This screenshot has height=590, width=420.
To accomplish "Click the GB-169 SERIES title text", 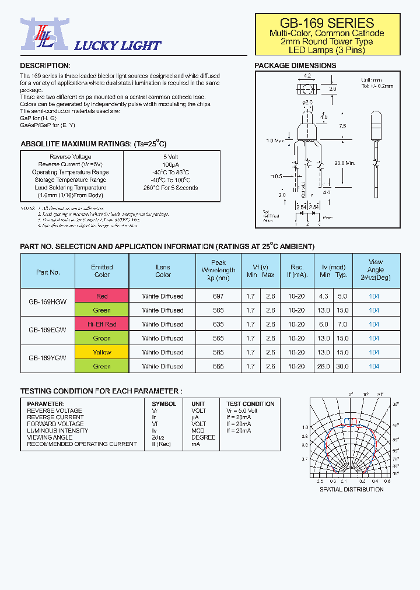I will pos(327,23).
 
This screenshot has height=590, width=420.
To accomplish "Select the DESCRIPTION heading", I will pos(45,66).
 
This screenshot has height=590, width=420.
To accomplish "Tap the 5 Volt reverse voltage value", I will pos(171,157).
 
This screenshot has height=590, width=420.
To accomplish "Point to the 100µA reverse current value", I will pos(171,164).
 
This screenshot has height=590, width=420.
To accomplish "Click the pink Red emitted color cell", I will pos(101,296).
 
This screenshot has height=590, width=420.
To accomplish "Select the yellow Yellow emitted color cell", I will pos(101,352).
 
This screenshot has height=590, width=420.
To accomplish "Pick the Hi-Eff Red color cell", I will pos(101,324).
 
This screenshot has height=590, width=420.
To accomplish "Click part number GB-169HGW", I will pos(48,303).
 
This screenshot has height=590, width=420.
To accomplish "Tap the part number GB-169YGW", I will pos(48,359).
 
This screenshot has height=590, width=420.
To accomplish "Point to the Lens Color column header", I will pos(163,271).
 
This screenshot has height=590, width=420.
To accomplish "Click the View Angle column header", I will pos(376,270).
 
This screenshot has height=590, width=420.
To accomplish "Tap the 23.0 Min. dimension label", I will pos(345,163).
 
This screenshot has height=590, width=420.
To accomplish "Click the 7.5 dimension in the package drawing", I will pos(342,126).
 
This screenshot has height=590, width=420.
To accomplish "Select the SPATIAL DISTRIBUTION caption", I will pos(351,489).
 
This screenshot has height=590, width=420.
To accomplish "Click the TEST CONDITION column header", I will pos(250,404).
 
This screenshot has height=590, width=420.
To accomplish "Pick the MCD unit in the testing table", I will pos(198,431).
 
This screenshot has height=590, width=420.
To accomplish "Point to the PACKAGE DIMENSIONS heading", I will pos(295,66).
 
